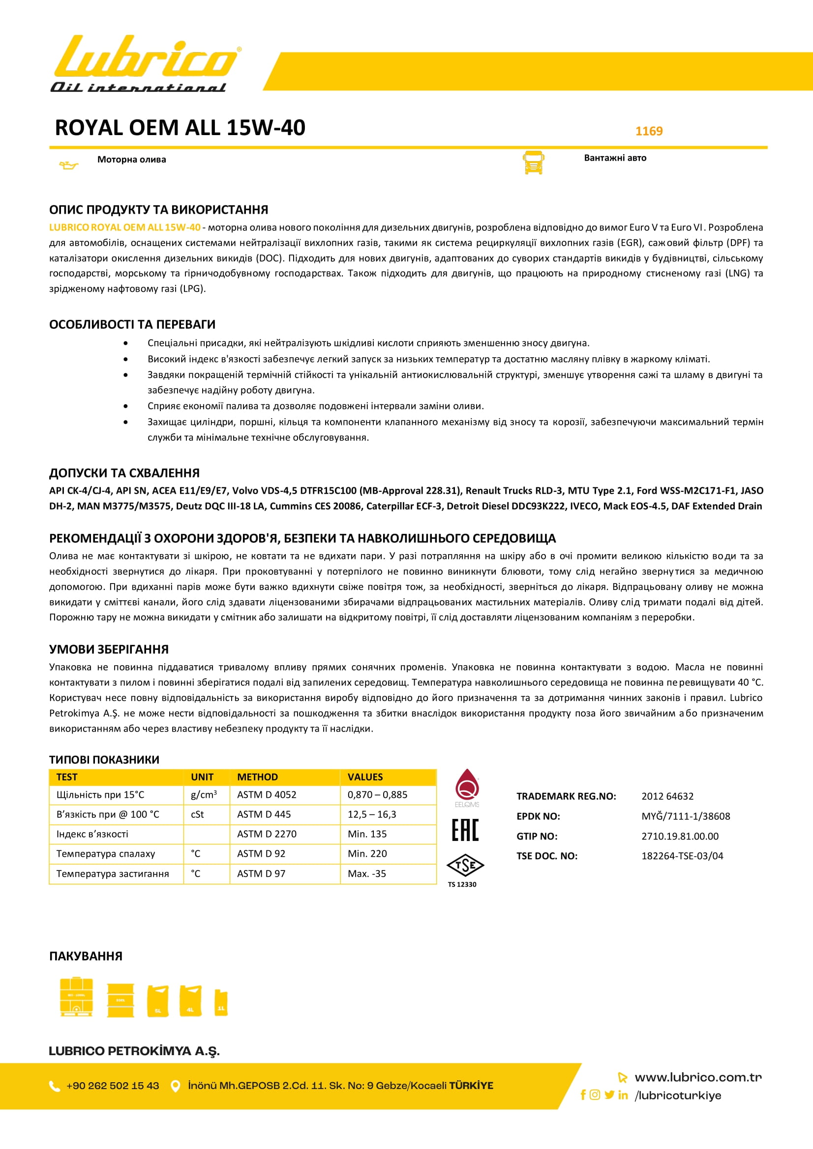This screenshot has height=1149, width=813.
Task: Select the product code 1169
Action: pyautogui.click(x=649, y=131)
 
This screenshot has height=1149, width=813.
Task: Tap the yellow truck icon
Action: pyautogui.click(x=534, y=163)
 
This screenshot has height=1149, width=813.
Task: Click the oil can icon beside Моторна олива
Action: pyautogui.click(x=69, y=165)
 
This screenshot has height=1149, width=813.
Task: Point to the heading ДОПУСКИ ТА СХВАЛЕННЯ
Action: pyautogui.click(x=124, y=473)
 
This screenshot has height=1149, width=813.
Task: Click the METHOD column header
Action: pyautogui.click(x=258, y=777)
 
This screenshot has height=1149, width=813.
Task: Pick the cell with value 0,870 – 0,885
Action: pyautogui.click(x=377, y=794)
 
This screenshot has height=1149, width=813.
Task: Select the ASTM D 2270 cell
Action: pyautogui.click(x=267, y=834)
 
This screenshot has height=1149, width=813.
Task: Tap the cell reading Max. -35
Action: pyautogui.click(x=367, y=873)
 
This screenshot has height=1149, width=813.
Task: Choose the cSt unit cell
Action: pyautogui.click(x=197, y=814)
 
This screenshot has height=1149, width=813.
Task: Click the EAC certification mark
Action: pyautogui.click(x=465, y=830)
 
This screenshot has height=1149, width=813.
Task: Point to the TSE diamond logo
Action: pyautogui.click(x=465, y=865)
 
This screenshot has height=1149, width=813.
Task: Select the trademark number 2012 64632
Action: pyautogui.click(x=667, y=796)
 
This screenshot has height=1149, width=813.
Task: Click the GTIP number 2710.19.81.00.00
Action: pyautogui.click(x=680, y=836)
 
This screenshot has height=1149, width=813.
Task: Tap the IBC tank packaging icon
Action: pyautogui.click(x=76, y=997)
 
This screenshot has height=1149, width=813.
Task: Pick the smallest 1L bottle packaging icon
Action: pyautogui.click(x=221, y=1003)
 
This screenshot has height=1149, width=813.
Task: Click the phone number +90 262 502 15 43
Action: pyautogui.click(x=113, y=1086)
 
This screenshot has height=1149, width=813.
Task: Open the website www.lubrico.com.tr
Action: pyautogui.click(x=698, y=1077)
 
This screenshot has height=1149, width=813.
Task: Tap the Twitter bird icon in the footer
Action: pyautogui.click(x=609, y=1094)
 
